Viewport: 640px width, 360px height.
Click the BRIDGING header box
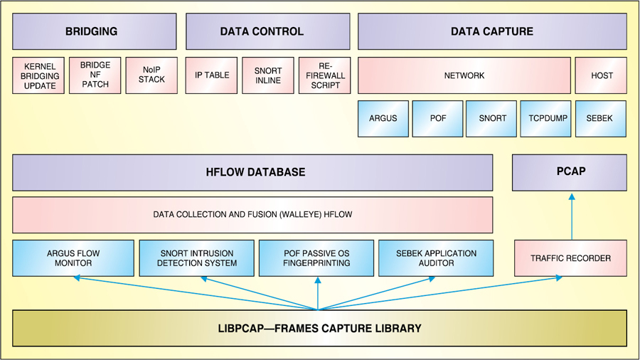point(94,32)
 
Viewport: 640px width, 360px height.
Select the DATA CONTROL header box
point(267,32)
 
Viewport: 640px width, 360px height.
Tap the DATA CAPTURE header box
point(491,32)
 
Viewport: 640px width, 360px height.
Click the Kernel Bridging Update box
point(38,75)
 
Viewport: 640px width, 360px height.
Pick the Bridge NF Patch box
point(95,75)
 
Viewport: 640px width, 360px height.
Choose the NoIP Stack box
point(151,75)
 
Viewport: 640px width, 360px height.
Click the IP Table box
point(211,75)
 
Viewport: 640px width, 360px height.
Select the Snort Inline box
point(267,75)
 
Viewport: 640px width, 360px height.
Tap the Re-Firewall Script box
point(324,75)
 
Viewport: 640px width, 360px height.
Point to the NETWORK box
point(464,75)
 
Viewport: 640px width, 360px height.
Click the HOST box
point(601,75)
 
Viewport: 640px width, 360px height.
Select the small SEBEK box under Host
point(601,118)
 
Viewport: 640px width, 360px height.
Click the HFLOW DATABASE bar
point(252,172)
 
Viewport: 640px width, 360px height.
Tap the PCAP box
point(570,172)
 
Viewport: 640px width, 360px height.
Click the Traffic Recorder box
point(570,258)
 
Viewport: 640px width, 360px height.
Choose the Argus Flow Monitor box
point(73,258)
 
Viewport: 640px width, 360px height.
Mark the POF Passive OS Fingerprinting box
point(317,258)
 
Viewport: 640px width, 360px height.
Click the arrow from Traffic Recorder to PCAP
point(571,217)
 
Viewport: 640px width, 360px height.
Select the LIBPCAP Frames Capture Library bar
point(319,329)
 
